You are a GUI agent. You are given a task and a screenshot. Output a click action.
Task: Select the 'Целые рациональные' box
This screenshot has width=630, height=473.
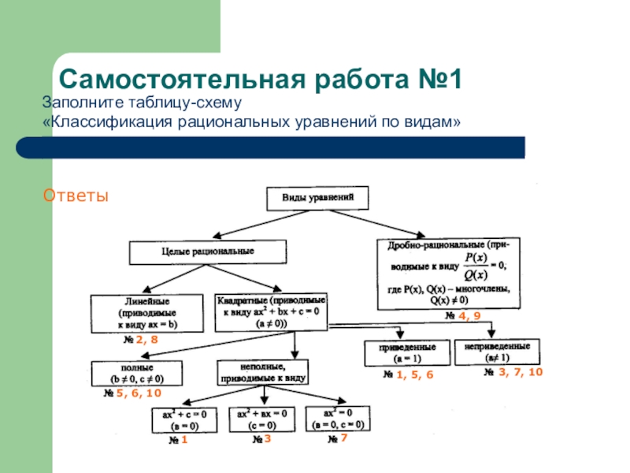point(207,252)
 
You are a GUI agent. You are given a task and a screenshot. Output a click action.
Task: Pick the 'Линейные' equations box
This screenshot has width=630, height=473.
point(147,312)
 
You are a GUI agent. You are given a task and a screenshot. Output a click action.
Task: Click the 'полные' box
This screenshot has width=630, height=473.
point(137,373)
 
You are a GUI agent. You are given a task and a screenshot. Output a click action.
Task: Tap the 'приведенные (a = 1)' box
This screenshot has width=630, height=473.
point(404,352)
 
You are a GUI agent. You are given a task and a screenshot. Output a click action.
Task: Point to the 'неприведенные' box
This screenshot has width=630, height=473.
point(498,352)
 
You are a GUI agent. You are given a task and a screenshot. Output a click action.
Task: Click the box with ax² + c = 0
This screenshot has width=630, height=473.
point(182,419)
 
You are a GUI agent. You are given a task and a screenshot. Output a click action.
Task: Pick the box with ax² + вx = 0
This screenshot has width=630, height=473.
point(261,419)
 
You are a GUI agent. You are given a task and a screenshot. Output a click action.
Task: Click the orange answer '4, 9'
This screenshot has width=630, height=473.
point(469,316)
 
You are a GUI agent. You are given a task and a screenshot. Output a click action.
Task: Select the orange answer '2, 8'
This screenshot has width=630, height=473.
point(146,341)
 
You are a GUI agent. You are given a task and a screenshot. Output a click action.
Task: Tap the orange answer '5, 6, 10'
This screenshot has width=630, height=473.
point(139,393)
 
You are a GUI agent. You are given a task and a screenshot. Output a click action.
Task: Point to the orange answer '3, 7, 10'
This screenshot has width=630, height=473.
point(521,371)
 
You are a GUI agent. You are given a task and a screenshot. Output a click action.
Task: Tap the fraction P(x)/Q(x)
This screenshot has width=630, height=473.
point(475,266)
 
